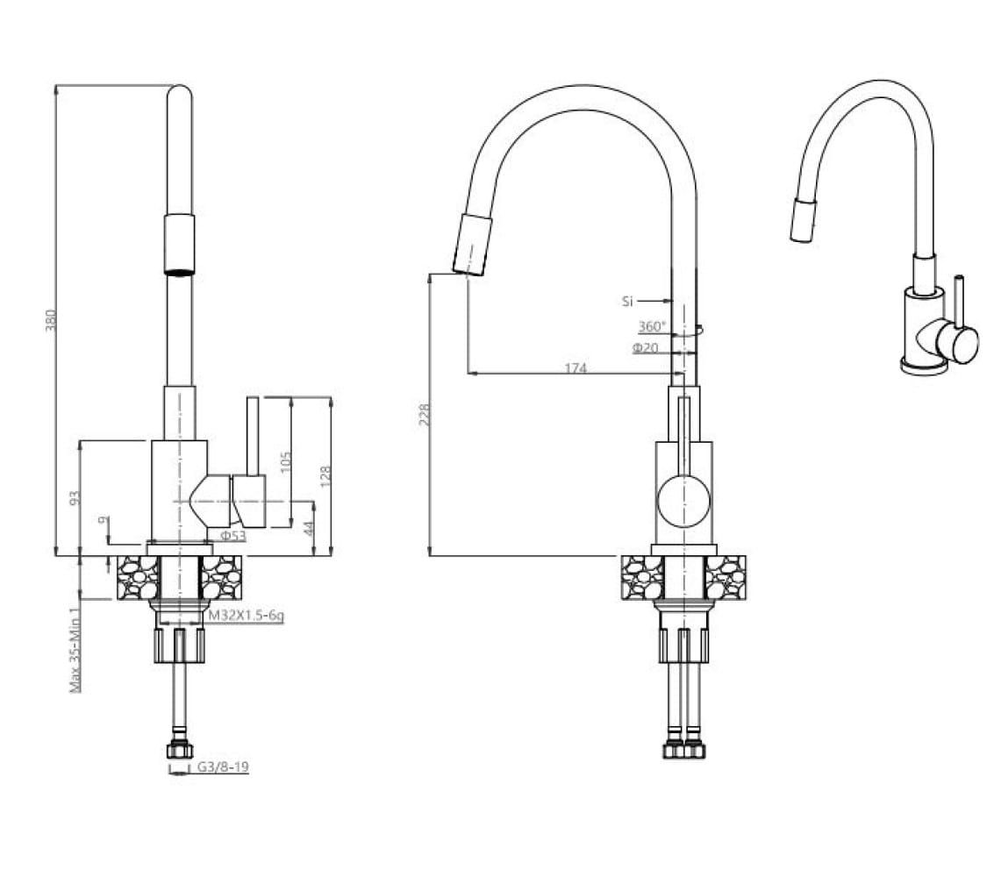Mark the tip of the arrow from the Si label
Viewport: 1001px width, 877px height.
(x=672, y=301)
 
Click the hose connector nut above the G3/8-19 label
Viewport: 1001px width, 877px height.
(x=179, y=751)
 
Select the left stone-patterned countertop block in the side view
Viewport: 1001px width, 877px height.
(x=138, y=578)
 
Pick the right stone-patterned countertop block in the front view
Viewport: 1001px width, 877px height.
(x=726, y=578)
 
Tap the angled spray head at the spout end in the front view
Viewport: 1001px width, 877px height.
(x=472, y=245)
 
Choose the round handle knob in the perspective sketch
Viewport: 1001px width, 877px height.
(x=957, y=344)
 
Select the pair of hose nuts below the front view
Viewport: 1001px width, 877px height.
(x=684, y=749)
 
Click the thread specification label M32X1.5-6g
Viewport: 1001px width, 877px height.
(x=247, y=616)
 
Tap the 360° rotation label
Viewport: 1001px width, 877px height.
(x=652, y=327)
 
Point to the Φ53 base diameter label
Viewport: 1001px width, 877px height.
(x=232, y=536)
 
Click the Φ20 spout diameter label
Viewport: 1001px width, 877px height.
(x=646, y=348)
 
